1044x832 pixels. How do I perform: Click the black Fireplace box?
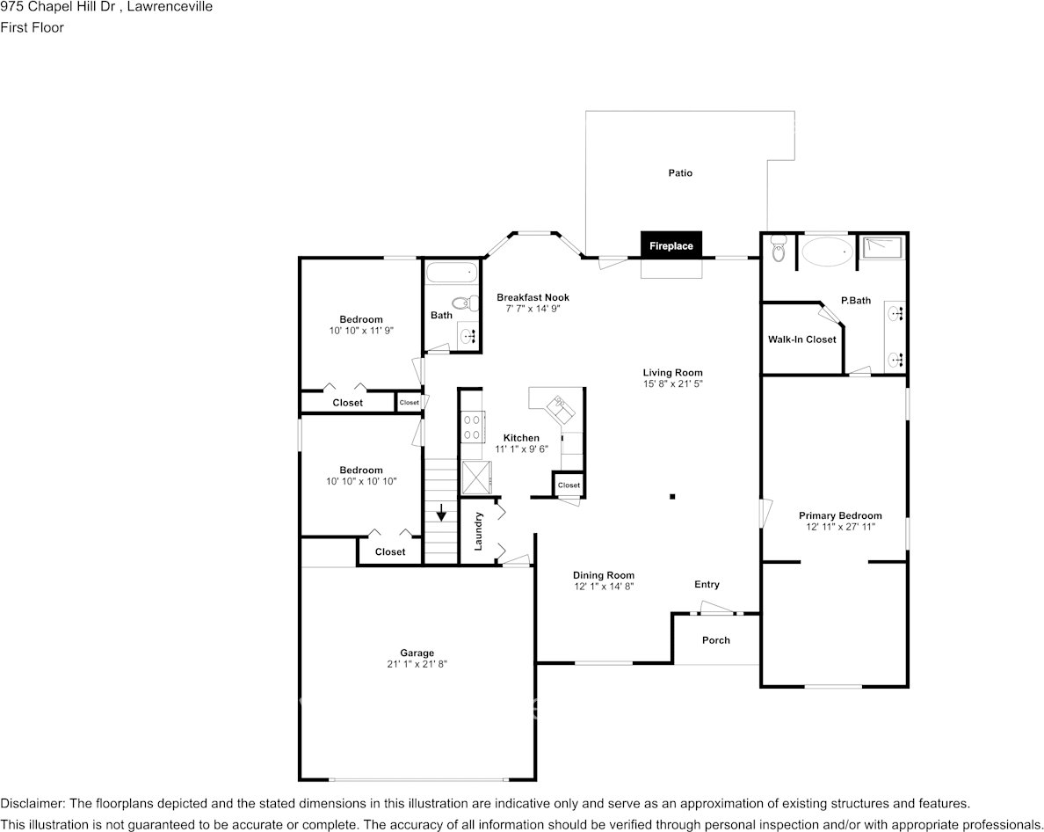coord(671,245)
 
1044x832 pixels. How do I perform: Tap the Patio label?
coord(680,173)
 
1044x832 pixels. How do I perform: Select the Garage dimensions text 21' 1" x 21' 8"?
coord(417,664)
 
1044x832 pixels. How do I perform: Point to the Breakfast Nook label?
coord(533,297)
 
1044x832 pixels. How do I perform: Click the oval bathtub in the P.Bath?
coord(827,253)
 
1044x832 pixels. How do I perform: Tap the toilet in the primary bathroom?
coord(778,252)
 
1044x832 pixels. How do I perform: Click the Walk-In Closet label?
coord(801,339)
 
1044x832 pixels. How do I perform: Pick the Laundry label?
coord(479,531)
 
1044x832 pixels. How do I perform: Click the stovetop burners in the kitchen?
coord(472,427)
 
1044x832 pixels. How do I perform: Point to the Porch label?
coord(715,640)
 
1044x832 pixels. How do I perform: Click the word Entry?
coord(707,585)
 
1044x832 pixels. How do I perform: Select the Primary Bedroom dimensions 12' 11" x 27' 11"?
coord(839,527)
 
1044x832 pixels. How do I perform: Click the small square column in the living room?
coord(672,496)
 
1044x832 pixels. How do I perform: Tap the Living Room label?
coord(672,373)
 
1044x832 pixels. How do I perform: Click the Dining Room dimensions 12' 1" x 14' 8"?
coord(604,586)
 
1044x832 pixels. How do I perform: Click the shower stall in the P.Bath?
coord(881,248)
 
